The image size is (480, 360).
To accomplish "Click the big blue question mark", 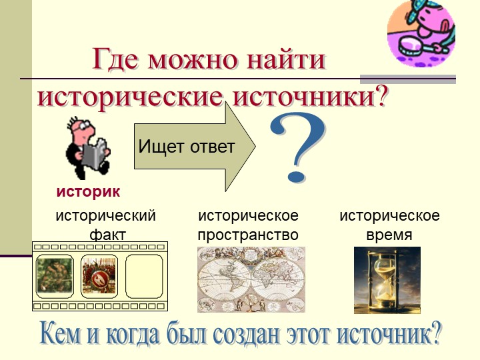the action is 297,147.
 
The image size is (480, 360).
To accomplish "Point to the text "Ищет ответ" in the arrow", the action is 187,146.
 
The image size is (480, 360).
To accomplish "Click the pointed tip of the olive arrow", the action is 255,147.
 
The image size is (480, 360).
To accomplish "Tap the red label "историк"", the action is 88,192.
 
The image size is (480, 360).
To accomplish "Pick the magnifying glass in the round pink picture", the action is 414,45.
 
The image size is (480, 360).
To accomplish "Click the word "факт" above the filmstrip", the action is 108,235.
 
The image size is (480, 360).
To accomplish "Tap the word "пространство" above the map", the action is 248,235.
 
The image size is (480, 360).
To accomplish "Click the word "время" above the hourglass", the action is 389,235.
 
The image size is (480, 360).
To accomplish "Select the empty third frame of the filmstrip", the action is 144,277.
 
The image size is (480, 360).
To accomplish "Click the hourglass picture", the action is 387,280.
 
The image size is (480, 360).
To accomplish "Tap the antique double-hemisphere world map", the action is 251,279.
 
